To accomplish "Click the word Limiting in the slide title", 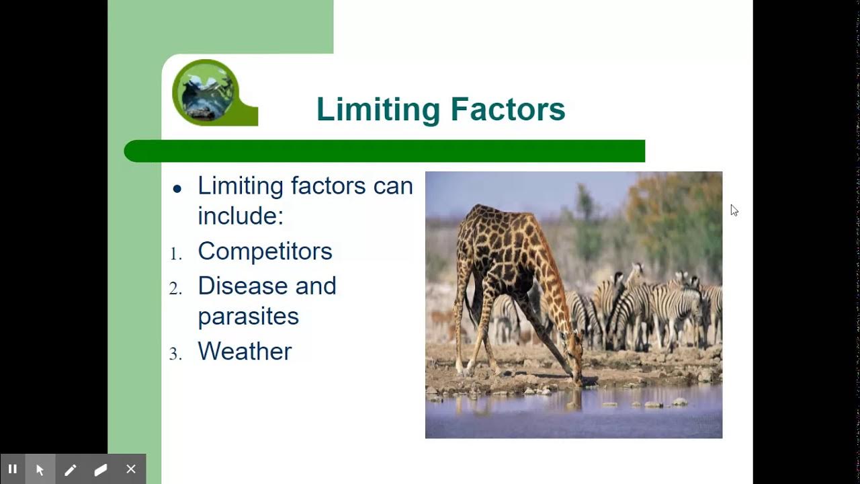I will click(x=378, y=110).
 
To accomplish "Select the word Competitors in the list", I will click(x=265, y=251).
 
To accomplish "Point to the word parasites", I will click(x=248, y=317).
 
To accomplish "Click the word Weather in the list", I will click(x=245, y=352).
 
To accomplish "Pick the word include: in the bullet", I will click(x=241, y=216).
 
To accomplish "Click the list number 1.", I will click(x=175, y=254).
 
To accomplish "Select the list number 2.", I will click(x=175, y=289).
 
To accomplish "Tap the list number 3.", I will click(x=175, y=354).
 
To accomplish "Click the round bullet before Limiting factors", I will click(x=177, y=189).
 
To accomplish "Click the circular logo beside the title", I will click(x=206, y=91).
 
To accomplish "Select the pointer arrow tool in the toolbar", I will click(x=40, y=470).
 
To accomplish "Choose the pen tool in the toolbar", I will click(x=71, y=470).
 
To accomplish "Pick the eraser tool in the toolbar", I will click(x=101, y=470).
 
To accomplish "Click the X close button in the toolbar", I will click(x=131, y=469).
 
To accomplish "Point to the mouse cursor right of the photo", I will click(x=734, y=210).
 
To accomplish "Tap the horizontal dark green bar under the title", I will click(x=384, y=151).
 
